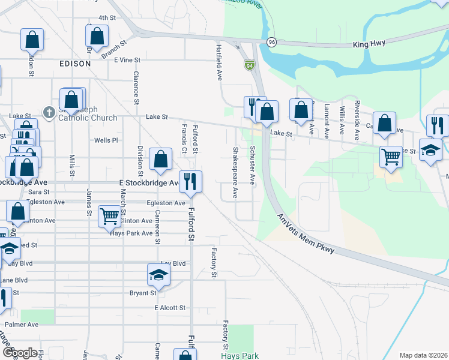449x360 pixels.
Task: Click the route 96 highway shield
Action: (x=272, y=42)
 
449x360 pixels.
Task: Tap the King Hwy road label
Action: (x=369, y=44)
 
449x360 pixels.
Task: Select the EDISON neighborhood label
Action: (x=75, y=63)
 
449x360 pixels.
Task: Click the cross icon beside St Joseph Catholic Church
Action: (x=50, y=112)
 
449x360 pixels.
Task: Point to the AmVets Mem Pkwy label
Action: (x=304, y=234)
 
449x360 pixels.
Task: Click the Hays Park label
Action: (x=240, y=356)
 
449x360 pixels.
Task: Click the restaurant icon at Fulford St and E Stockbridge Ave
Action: (x=190, y=181)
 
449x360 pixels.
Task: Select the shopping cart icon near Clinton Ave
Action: (x=109, y=217)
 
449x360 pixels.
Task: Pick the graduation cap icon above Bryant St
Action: (x=159, y=275)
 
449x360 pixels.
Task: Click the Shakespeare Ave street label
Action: (x=235, y=173)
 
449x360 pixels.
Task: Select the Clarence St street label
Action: (x=136, y=88)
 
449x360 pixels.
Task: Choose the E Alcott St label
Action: (x=169, y=308)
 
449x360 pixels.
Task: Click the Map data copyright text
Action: (x=423, y=355)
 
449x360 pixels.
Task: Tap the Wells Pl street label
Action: (x=106, y=140)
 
